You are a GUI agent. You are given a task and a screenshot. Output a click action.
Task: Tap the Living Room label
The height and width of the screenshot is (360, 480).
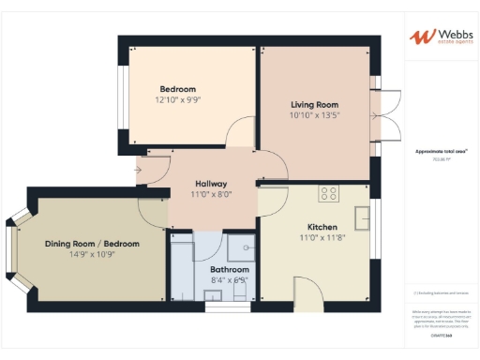(314, 104)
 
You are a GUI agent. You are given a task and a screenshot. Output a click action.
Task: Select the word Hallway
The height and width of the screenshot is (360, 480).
(211, 183)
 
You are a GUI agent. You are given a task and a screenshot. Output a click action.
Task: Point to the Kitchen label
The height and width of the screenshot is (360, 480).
(322, 227)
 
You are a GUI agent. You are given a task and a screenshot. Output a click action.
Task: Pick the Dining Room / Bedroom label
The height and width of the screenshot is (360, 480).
(92, 244)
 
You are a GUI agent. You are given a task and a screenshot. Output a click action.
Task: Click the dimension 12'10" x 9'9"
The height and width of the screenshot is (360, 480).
(178, 98)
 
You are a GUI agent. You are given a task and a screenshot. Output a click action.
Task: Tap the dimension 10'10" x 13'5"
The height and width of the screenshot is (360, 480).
(314, 115)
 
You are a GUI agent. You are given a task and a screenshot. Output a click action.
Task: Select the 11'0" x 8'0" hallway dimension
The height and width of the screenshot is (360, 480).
(211, 194)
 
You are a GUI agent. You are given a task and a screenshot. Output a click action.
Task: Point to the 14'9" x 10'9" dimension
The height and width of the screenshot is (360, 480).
(92, 254)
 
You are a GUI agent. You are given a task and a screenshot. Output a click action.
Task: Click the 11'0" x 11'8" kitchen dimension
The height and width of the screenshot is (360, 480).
(322, 238)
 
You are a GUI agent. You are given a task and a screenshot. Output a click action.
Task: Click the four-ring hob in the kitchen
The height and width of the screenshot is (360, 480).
(329, 193)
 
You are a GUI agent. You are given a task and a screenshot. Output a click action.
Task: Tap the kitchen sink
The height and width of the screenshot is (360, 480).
(362, 217)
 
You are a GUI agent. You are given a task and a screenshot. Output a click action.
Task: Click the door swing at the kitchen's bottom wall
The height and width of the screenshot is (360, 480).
(307, 292)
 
